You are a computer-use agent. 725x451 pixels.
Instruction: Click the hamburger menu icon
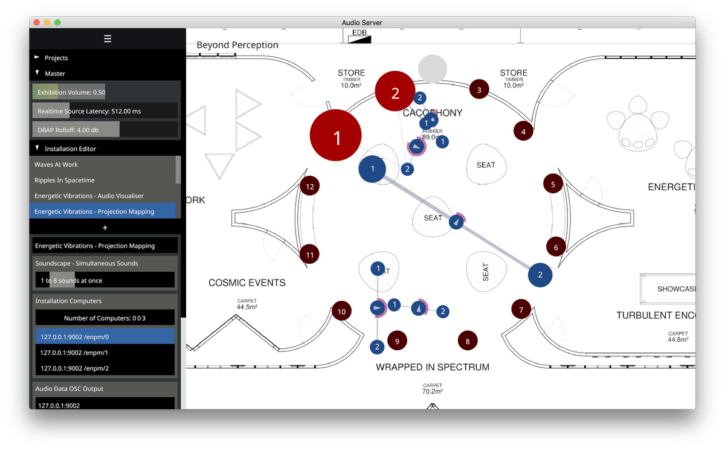click(108, 39)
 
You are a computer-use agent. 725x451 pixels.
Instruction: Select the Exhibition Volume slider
click(105, 92)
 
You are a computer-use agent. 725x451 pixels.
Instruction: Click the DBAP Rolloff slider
click(105, 130)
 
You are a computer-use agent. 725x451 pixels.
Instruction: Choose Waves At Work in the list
click(103, 164)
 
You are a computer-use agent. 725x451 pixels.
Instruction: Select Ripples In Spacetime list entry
click(103, 180)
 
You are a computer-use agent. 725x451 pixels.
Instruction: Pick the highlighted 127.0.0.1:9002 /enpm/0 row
click(105, 336)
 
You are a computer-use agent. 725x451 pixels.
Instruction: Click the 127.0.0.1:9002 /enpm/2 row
click(105, 368)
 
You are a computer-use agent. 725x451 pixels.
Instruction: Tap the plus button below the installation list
click(105, 228)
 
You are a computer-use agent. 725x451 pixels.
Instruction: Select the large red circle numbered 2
click(395, 92)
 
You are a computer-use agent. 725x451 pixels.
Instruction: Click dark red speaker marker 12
click(310, 187)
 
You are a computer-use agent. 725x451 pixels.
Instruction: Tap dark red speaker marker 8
click(467, 341)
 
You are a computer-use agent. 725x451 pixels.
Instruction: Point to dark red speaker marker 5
click(553, 184)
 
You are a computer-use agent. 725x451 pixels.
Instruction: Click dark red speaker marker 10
click(341, 312)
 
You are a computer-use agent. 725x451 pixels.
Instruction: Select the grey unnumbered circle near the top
click(433, 68)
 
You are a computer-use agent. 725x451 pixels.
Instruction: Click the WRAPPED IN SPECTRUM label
click(432, 367)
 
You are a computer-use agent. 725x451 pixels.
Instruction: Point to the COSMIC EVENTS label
click(246, 283)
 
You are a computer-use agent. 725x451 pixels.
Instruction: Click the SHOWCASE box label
click(676, 289)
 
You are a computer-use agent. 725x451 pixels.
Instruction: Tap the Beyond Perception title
click(237, 45)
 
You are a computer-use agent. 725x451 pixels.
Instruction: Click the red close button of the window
click(36, 22)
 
